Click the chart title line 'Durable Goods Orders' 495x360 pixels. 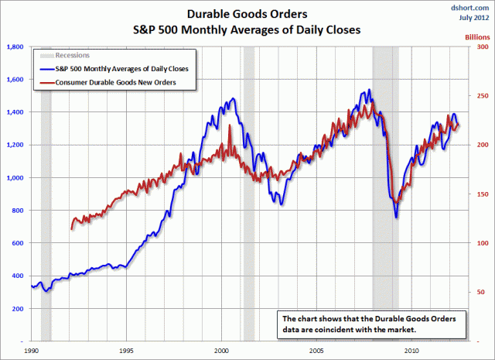point(247,13)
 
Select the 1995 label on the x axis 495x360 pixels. point(126,350)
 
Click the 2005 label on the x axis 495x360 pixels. point(316,350)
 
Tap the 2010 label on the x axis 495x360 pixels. point(410,350)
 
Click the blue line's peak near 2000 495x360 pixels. point(232,99)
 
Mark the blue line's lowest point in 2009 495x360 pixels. point(397,218)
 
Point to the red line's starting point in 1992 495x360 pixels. point(72,228)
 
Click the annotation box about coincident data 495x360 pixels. point(370,324)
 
